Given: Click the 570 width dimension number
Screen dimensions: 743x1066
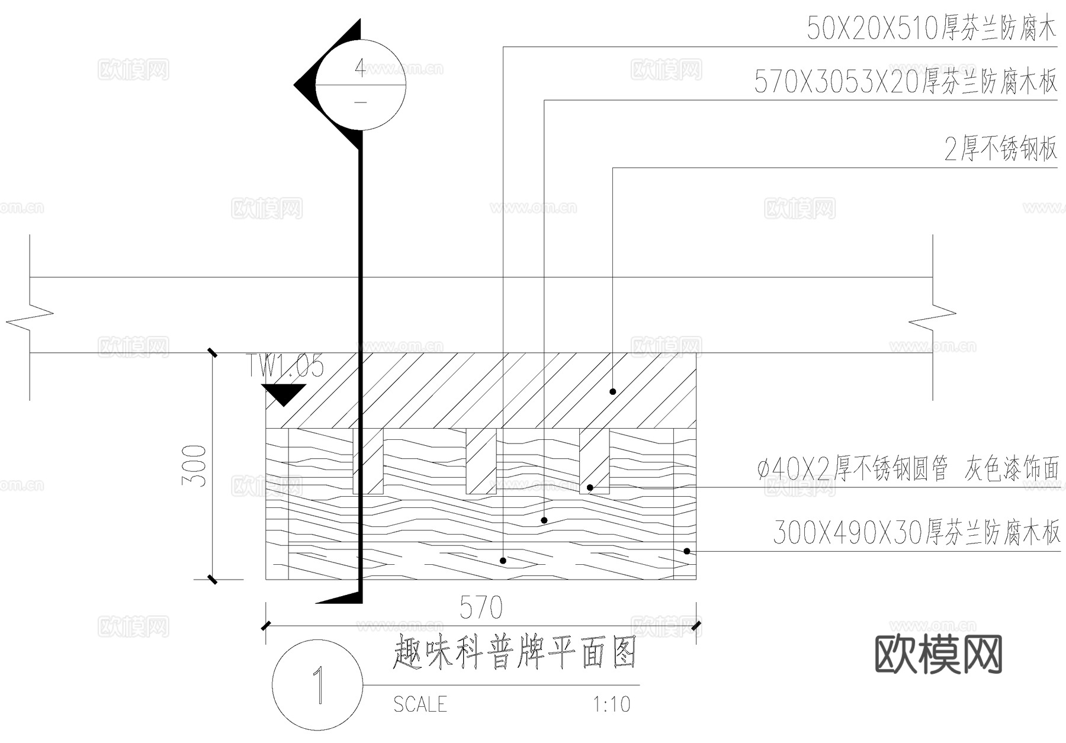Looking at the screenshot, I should click(481, 607).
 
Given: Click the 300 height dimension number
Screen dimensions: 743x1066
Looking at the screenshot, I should click(195, 466).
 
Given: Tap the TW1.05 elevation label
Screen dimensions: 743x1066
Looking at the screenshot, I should click(285, 366).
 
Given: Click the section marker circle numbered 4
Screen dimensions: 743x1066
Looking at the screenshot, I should click(360, 85).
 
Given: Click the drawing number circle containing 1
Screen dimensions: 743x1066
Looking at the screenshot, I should click(317, 685).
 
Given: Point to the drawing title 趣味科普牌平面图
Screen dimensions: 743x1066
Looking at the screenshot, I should click(515, 652).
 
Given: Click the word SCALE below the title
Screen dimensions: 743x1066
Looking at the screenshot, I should click(420, 704).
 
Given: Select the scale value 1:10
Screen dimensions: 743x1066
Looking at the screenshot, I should click(612, 704).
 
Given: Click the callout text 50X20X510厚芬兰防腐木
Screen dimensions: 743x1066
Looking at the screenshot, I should click(931, 28).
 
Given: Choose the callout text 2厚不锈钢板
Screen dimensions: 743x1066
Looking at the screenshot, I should click(1000, 149).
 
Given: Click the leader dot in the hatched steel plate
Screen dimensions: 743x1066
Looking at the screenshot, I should click(613, 391).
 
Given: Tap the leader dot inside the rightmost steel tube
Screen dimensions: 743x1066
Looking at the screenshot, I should click(590, 488).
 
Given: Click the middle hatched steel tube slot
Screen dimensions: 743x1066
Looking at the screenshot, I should click(481, 461).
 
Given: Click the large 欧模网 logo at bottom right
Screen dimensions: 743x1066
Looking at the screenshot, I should click(938, 654).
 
